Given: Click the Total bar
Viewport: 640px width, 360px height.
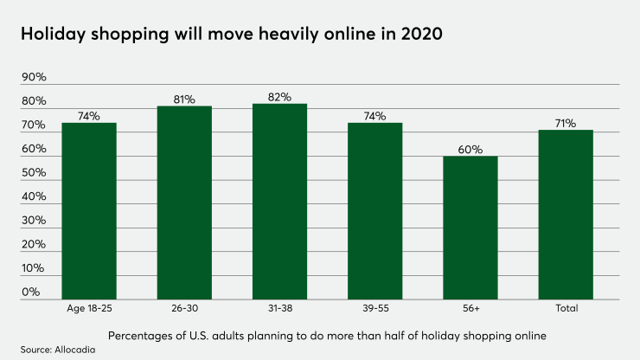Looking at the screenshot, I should (x=566, y=214).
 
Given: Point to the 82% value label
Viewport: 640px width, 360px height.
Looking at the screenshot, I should (x=279, y=97).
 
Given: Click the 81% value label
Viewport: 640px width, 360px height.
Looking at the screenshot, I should (x=184, y=100).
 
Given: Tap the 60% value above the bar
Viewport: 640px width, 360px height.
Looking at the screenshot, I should (x=470, y=150).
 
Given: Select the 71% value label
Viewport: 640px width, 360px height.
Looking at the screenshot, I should (x=566, y=124).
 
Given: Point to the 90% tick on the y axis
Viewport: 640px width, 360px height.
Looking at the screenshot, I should (x=34, y=78).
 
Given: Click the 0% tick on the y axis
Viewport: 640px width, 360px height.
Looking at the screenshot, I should (x=31, y=292).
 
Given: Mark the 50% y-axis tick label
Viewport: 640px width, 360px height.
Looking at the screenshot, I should (x=34, y=173).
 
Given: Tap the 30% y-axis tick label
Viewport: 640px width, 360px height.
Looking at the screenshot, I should (x=34, y=221).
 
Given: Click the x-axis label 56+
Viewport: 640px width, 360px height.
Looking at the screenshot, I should (x=470, y=308).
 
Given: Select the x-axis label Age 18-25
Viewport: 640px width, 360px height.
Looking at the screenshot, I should (x=88, y=308).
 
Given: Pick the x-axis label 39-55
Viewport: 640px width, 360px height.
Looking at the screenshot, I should (x=375, y=308).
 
